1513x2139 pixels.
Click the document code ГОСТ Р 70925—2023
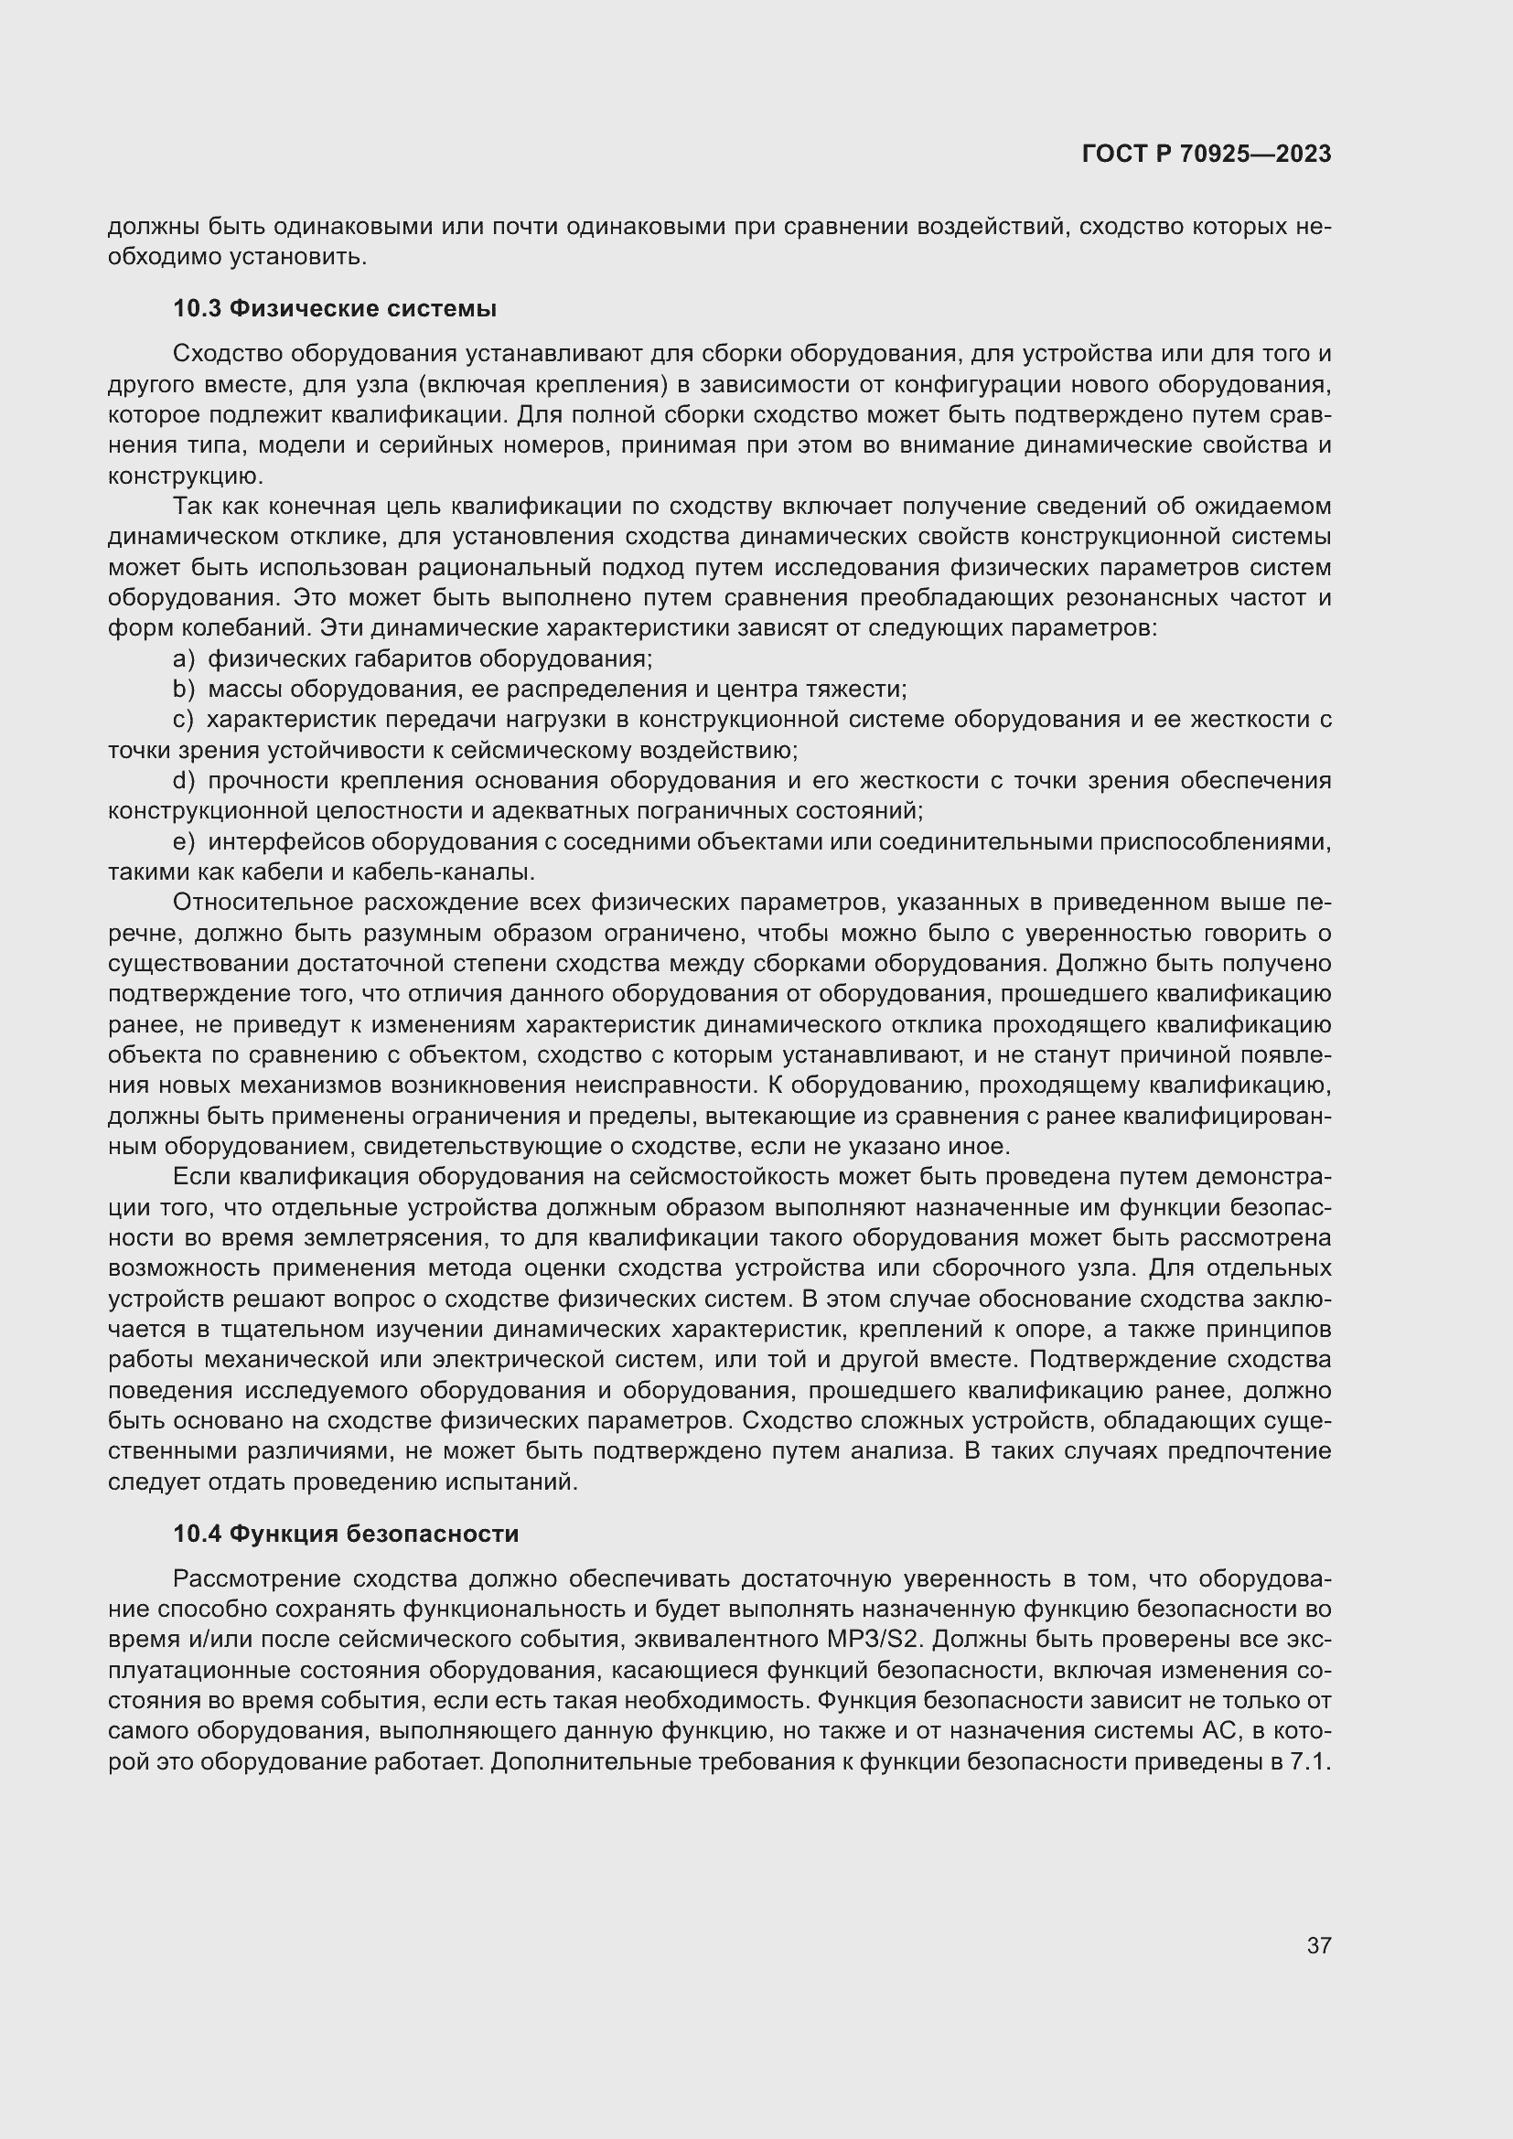coord(1207,154)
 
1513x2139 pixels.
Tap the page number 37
coord(1318,1946)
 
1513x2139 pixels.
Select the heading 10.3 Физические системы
coord(335,308)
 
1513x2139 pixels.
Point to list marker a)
coord(184,659)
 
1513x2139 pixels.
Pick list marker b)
coord(184,690)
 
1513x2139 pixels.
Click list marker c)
coord(184,720)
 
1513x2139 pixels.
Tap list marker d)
coord(184,781)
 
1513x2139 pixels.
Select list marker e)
coord(184,842)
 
